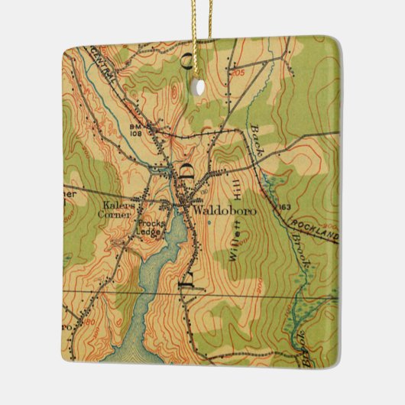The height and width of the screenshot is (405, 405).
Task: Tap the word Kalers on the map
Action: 117,205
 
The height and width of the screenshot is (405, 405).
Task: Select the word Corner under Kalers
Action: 118,215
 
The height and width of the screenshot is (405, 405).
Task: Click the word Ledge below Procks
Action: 147,225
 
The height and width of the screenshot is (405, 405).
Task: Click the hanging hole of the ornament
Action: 200,86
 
